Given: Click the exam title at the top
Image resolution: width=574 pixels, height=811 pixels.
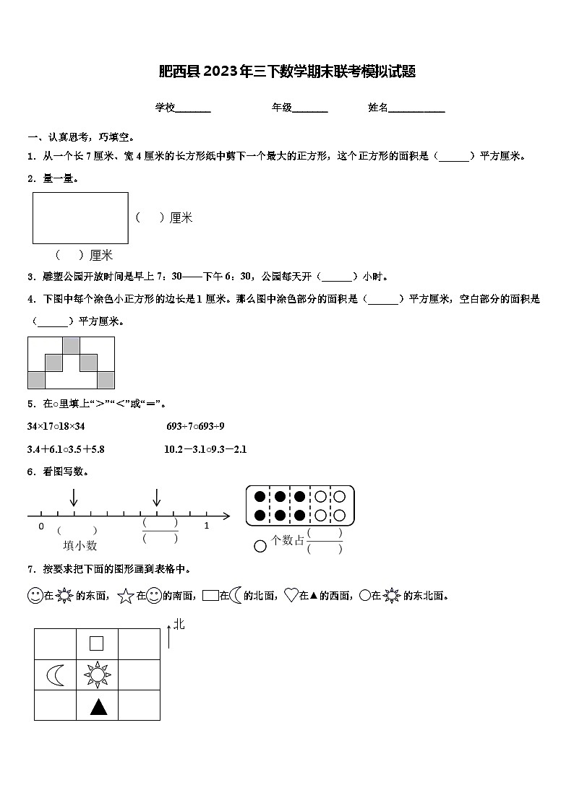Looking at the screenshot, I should pos(287,71).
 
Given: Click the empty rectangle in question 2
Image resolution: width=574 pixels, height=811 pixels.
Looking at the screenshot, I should pos(80,217).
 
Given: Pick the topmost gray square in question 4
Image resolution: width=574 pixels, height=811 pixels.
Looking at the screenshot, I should pos(71,345).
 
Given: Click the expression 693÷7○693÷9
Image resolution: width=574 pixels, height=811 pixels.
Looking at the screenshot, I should pos(195,426).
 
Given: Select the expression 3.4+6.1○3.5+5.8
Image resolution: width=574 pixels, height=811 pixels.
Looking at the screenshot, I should pos(66,449).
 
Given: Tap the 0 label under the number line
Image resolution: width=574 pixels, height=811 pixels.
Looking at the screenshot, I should pos(41,526).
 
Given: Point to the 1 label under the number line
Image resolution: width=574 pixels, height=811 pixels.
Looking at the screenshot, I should pos(206,526).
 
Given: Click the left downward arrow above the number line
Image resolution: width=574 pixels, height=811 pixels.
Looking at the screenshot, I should pos(74,498).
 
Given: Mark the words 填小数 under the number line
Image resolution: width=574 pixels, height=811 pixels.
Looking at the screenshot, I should pos(80,546).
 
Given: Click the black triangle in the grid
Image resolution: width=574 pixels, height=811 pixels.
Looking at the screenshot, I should pos(98,706).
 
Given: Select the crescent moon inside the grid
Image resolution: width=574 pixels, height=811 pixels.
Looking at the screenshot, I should pos(56,675).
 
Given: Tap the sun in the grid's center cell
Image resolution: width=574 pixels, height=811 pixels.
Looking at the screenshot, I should pos(98,675).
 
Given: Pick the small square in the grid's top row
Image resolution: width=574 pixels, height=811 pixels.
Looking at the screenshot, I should pos(96,643).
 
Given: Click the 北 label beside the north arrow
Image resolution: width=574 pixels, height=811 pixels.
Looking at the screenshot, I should pos(179,624).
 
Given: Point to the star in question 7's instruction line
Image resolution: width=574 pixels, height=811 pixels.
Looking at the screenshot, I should pos(125,597).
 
